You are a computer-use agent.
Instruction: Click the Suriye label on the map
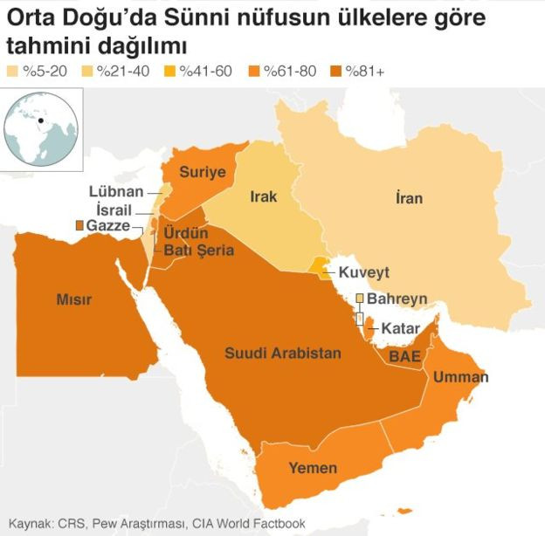click(x=203, y=172)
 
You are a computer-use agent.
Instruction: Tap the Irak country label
click(x=263, y=196)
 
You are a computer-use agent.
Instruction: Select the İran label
click(x=408, y=198)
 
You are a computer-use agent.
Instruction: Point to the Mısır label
click(x=74, y=299)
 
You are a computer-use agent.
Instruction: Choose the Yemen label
click(x=313, y=468)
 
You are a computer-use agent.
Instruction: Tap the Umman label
click(x=460, y=377)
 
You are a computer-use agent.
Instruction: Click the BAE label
click(x=404, y=357)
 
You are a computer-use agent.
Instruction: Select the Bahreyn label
click(x=397, y=299)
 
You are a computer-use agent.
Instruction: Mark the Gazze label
click(x=107, y=226)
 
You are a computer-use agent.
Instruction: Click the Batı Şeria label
click(x=199, y=251)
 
